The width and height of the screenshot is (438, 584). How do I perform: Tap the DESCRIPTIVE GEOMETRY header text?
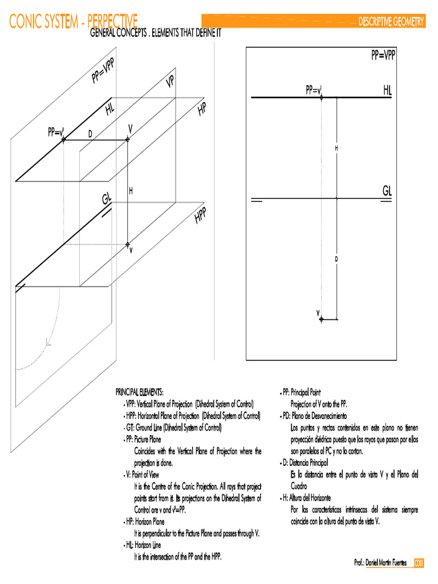(x=391, y=22)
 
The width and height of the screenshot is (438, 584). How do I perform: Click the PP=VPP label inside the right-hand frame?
(x=383, y=55)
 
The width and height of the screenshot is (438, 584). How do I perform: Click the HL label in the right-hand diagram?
(x=387, y=91)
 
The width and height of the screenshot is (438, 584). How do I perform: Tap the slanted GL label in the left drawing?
(x=107, y=199)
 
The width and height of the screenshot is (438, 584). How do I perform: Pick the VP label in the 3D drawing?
(x=170, y=82)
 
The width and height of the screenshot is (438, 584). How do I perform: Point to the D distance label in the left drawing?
(x=90, y=133)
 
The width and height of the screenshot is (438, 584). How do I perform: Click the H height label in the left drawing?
(x=131, y=191)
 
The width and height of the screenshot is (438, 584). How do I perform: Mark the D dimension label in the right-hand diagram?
(x=336, y=259)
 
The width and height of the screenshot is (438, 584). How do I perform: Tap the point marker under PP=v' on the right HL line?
(x=322, y=98)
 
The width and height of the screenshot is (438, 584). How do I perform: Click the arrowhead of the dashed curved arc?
(x=48, y=344)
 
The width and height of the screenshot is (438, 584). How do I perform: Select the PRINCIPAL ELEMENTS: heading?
(x=139, y=392)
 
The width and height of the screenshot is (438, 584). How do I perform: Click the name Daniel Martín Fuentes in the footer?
(x=386, y=563)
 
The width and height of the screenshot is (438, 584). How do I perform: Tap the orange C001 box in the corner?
(x=419, y=563)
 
